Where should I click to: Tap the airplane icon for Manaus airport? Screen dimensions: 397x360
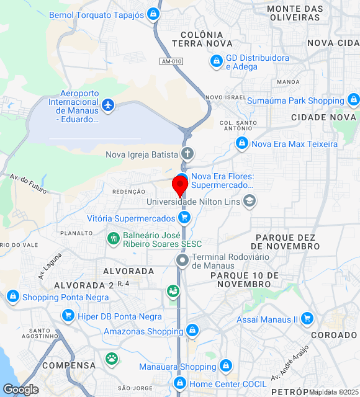(109, 105)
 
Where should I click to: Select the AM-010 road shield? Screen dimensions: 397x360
(171, 61)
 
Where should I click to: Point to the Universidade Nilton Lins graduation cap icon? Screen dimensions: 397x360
(250, 201)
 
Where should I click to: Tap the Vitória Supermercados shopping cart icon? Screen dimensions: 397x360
(184, 218)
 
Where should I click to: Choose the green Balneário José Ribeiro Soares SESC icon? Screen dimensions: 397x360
(113, 238)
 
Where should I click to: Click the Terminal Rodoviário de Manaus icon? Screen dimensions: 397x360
(182, 260)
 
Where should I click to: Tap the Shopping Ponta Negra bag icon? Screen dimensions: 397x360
(12, 297)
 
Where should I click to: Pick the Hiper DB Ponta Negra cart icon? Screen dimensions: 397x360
(68, 316)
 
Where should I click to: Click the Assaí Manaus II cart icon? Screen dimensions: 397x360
(307, 319)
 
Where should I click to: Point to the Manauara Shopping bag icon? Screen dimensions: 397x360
(226, 365)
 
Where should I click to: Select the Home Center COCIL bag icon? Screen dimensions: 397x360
(180, 383)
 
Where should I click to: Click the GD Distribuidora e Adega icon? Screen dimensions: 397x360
(216, 61)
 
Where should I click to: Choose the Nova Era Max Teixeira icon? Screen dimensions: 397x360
(241, 144)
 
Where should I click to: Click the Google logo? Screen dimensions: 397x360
(20, 390)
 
